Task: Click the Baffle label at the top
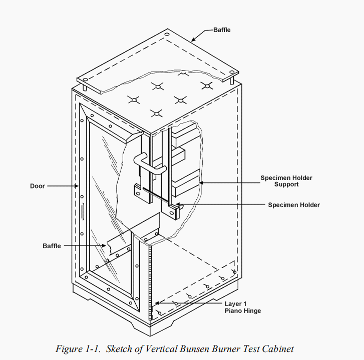coord(222,30)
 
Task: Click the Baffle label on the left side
coord(52,246)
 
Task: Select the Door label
coord(37,186)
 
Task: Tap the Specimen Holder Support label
coord(279,181)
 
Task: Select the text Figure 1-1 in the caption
coord(75,349)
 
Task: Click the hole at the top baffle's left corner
coord(85,79)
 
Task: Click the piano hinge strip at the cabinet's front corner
coord(150,280)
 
